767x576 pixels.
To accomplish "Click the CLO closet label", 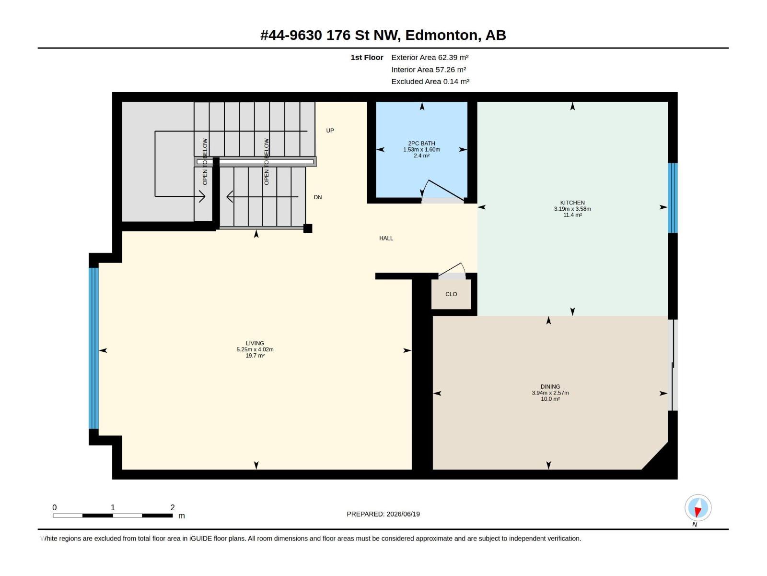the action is pyautogui.click(x=451, y=294).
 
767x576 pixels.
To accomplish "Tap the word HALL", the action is pyautogui.click(x=386, y=238).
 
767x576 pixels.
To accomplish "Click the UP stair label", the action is pyautogui.click(x=330, y=131).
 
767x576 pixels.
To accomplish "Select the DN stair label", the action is pyautogui.click(x=318, y=197).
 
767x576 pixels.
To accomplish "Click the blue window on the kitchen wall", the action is pyautogui.click(x=673, y=198).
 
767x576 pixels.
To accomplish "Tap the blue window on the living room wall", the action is pyautogui.click(x=93, y=348).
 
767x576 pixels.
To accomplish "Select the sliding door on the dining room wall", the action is pyautogui.click(x=673, y=365).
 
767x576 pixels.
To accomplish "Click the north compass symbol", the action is pyautogui.click(x=698, y=508).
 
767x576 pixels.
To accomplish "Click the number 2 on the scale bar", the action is pyautogui.click(x=172, y=507).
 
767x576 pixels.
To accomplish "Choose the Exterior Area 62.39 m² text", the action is pyautogui.click(x=430, y=57).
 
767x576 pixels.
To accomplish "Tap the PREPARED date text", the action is pyautogui.click(x=383, y=514).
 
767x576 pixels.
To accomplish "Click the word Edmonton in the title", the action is pyautogui.click(x=442, y=36).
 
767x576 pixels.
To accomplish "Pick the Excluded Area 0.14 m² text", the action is pyautogui.click(x=430, y=82).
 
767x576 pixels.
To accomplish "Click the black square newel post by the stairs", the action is pyautogui.click(x=307, y=228).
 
